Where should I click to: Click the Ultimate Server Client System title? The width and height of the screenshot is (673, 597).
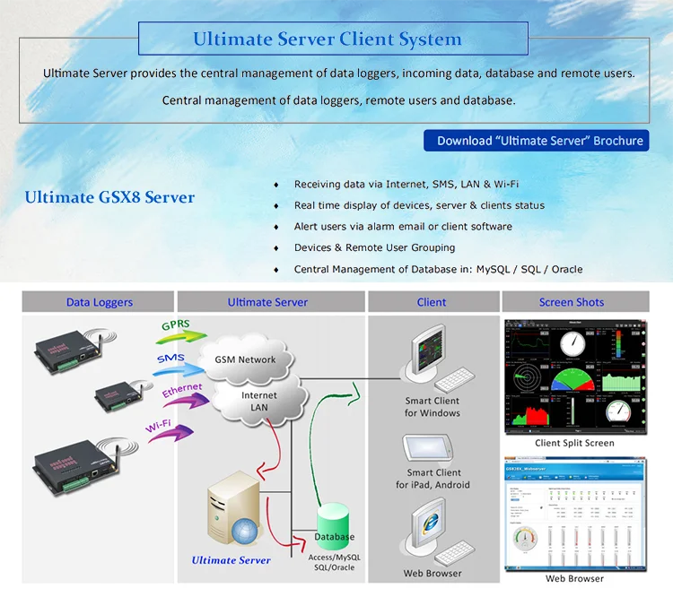click(328, 39)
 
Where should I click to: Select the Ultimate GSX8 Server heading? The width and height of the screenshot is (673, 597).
click(109, 197)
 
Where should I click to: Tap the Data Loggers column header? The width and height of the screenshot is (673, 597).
click(99, 302)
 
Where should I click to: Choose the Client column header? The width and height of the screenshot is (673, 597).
click(432, 302)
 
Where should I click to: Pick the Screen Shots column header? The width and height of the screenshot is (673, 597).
click(572, 302)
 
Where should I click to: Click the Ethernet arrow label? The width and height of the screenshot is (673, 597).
click(182, 393)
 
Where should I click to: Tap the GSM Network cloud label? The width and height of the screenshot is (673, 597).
click(245, 359)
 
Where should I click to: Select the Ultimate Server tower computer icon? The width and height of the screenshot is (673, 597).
click(231, 515)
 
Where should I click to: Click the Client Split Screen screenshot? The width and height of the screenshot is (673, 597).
click(574, 376)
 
